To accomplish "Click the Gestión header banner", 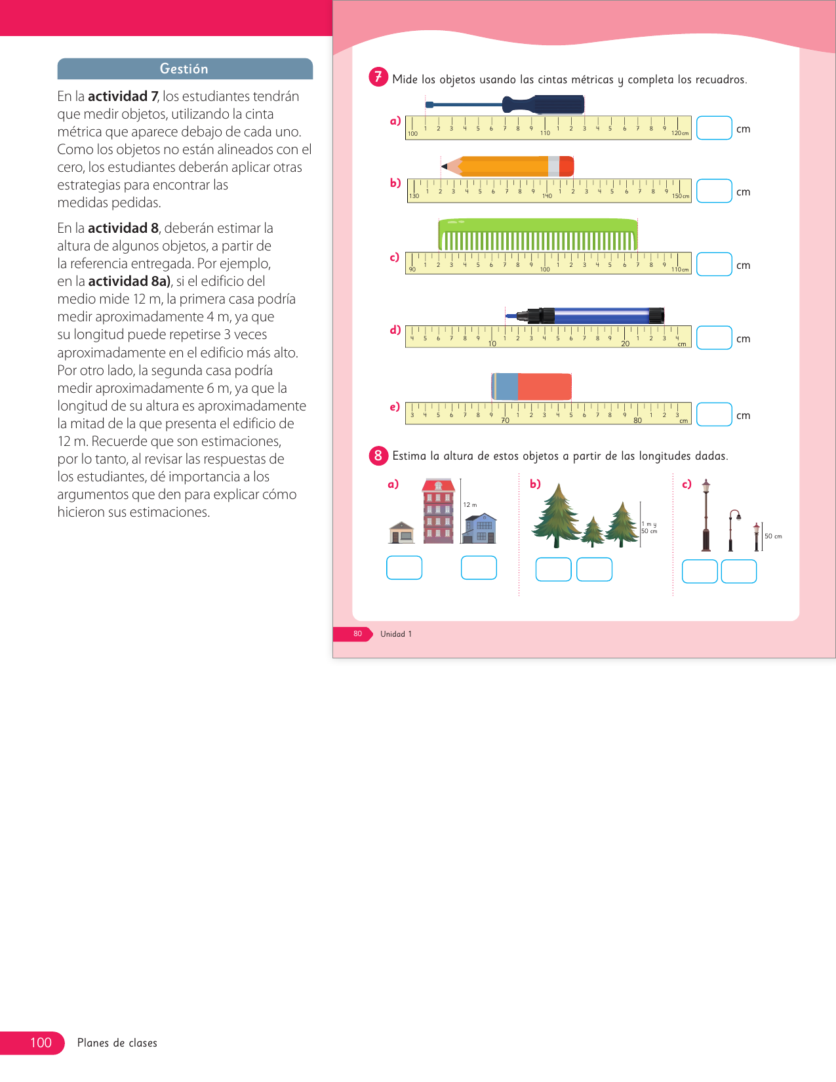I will pyautogui.click(x=184, y=69).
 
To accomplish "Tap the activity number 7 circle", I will pyautogui.click(x=378, y=77).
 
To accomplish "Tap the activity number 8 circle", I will pyautogui.click(x=378, y=455).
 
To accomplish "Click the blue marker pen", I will pyautogui.click(x=590, y=315).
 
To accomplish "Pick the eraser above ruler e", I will pyautogui.click(x=532, y=386).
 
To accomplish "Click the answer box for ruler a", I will pyautogui.click(x=713, y=128).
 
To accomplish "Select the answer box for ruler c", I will pyautogui.click(x=713, y=264).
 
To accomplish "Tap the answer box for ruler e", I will pyautogui.click(x=713, y=414).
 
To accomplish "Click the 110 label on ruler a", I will pyautogui.click(x=545, y=133).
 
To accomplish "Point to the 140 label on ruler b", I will pyautogui.click(x=547, y=196).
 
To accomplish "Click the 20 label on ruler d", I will pyautogui.click(x=625, y=344).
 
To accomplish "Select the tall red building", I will pyautogui.click(x=439, y=511).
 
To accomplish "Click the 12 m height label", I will pyautogui.click(x=470, y=505).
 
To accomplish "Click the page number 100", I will pyautogui.click(x=41, y=1043).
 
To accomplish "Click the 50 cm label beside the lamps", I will pyautogui.click(x=773, y=536).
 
